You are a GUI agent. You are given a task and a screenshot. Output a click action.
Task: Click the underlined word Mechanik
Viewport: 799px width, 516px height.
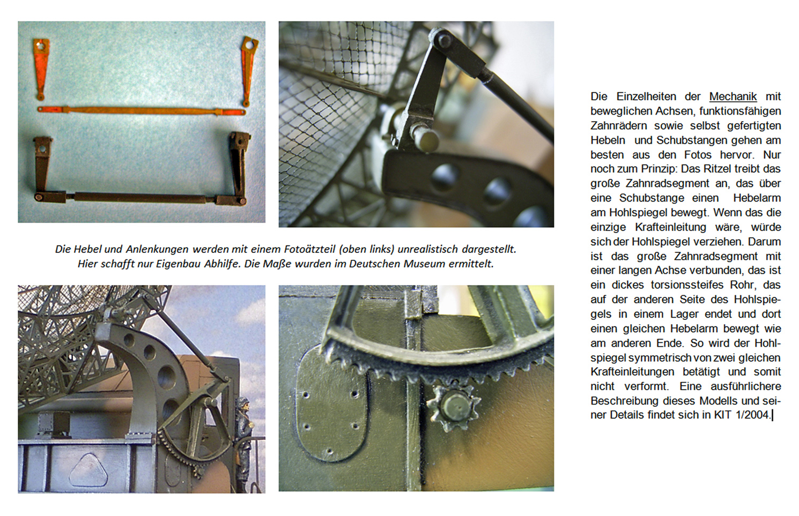point(733,96)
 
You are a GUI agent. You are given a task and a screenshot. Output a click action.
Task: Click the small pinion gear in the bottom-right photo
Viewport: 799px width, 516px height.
point(453,407)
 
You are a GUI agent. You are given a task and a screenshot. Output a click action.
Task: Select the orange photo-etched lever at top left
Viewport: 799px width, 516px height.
point(42,68)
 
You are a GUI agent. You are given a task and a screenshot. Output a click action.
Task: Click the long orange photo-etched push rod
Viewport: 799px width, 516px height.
point(142,111)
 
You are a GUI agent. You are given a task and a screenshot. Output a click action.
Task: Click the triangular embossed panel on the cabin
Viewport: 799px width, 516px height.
point(88,470)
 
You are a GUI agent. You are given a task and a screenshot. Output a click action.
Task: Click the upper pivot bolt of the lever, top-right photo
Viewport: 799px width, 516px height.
point(444,40)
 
